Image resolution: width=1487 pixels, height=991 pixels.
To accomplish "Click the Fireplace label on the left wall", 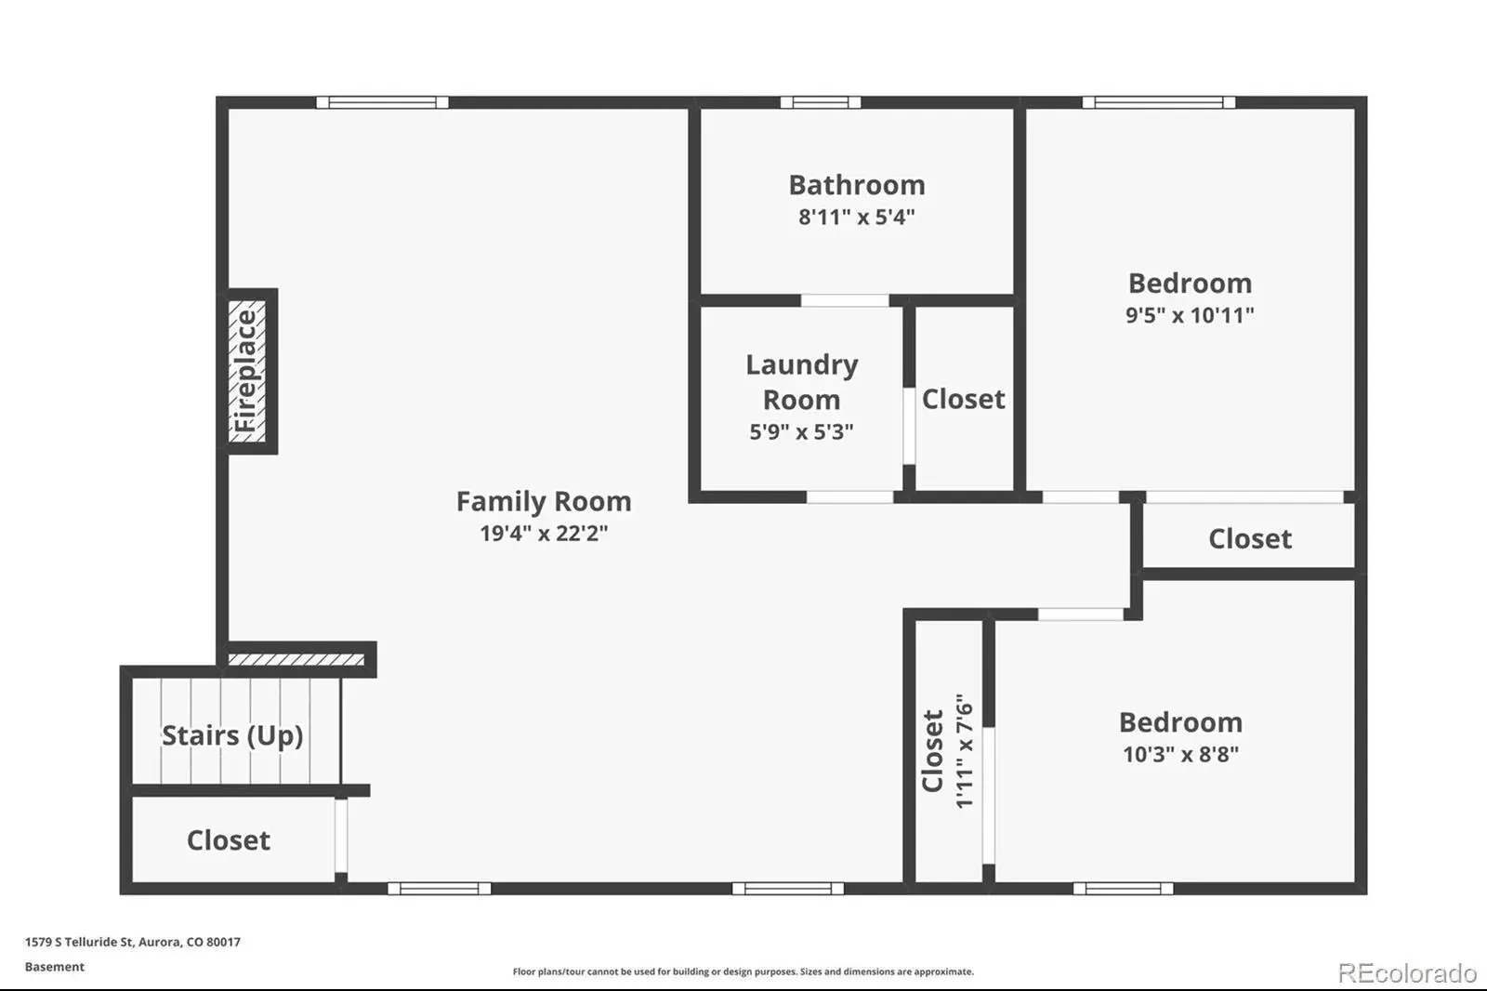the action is coord(245,371).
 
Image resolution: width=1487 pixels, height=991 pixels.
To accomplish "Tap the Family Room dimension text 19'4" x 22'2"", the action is coord(544,534).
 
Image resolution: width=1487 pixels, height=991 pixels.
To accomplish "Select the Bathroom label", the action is coord(856,185).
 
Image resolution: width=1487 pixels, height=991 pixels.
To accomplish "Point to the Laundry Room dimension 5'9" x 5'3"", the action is coord(801,431).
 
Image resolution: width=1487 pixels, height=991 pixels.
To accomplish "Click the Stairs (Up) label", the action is coord(232,735).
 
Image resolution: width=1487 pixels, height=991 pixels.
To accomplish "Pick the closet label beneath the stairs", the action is coord(229,840).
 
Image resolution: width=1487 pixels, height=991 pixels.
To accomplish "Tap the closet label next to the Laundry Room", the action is coord(963,399).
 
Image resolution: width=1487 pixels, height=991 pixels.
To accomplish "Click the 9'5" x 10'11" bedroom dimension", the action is coord(1190,315).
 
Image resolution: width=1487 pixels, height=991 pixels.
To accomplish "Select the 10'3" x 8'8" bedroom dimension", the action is coord(1181,755).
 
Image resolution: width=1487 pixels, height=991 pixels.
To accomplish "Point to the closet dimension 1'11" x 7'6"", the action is coord(964,751).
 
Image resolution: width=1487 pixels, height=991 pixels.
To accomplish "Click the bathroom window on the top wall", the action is coord(821,102).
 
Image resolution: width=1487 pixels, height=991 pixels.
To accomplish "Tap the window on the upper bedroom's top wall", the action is coord(1159,102).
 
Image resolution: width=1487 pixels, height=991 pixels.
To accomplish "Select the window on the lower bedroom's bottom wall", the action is coord(1124,889).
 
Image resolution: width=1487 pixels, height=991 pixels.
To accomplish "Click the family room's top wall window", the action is coord(382,102).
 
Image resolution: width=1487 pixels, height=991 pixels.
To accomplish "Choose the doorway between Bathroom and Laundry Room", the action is coord(845,301).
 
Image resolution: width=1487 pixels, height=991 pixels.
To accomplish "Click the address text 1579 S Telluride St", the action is coord(80,942).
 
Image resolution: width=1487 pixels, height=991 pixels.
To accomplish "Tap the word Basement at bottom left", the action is coord(55,967).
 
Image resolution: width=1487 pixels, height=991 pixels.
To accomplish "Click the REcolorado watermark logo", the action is coord(1407,973).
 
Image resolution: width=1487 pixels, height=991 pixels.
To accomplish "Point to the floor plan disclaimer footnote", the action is coord(743,971).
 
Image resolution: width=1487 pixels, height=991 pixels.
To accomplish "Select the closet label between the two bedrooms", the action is coord(1250,538).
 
